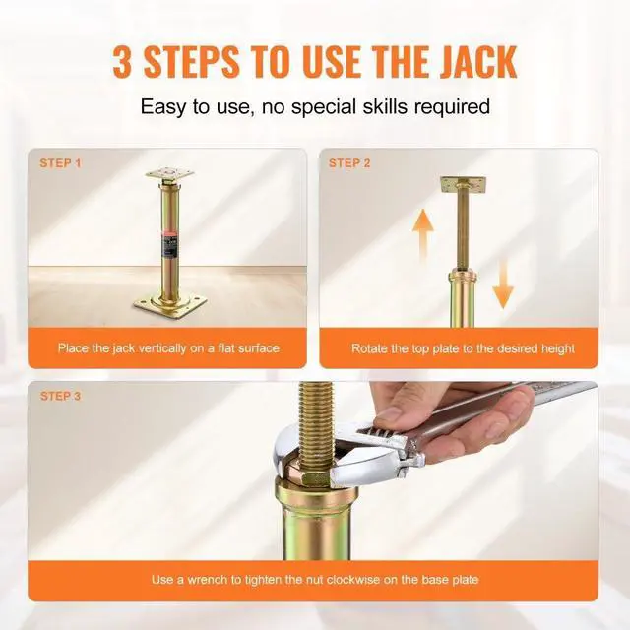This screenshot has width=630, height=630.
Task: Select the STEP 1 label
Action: click(x=61, y=163)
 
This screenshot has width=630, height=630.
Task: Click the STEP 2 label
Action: click(x=349, y=163)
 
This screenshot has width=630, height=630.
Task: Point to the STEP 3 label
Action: click(x=61, y=396)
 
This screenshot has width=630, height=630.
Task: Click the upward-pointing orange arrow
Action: click(x=423, y=234)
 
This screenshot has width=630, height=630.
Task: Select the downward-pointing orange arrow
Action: click(x=503, y=279)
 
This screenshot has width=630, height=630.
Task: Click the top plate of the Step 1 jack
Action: click(x=169, y=173)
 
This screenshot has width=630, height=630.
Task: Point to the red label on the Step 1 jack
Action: click(x=169, y=236)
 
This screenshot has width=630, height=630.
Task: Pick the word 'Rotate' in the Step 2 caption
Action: click(x=370, y=348)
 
